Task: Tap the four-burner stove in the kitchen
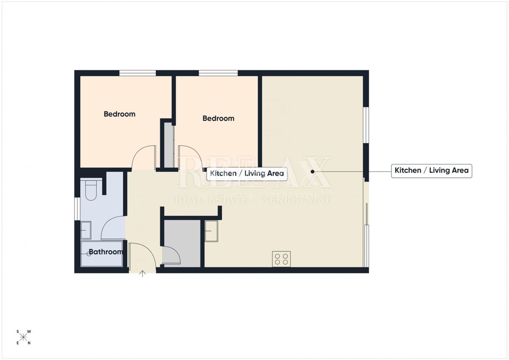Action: coord(281,259)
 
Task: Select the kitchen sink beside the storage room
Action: coord(211,231)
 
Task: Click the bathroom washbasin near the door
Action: coord(86,230)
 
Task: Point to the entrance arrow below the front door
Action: coord(143,274)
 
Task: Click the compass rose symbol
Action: coord(24,337)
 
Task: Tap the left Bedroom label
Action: coord(120,114)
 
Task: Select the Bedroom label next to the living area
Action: coord(218,118)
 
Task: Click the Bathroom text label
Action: coord(106,252)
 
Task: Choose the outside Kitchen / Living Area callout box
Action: coord(431,171)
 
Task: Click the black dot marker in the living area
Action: coord(312,172)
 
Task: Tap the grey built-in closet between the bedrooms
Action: coord(169,144)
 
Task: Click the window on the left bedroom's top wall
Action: coord(137,73)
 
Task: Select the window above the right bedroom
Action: coord(218,73)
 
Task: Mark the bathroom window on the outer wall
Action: coord(77,209)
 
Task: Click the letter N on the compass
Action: coord(29,343)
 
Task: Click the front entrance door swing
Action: coord(140,255)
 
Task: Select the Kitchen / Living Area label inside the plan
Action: coord(247,174)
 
